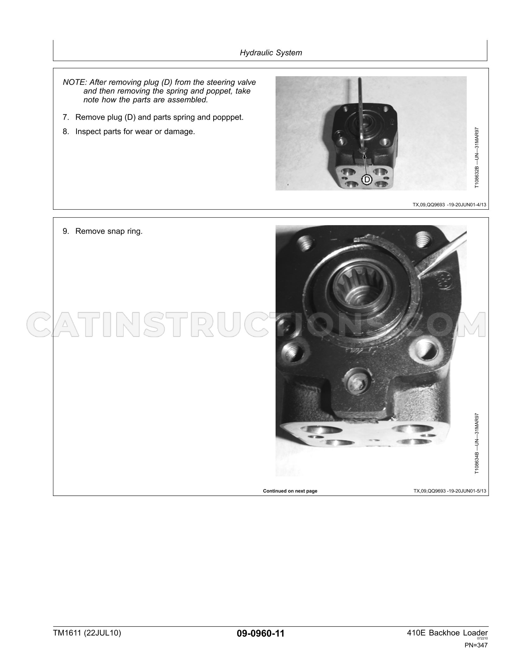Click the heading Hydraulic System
pos(271,53)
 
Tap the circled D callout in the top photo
pos(367,179)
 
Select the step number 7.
pos(66,117)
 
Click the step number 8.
pos(66,132)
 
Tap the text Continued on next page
pos(290,491)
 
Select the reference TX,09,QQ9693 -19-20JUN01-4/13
pos(449,205)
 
